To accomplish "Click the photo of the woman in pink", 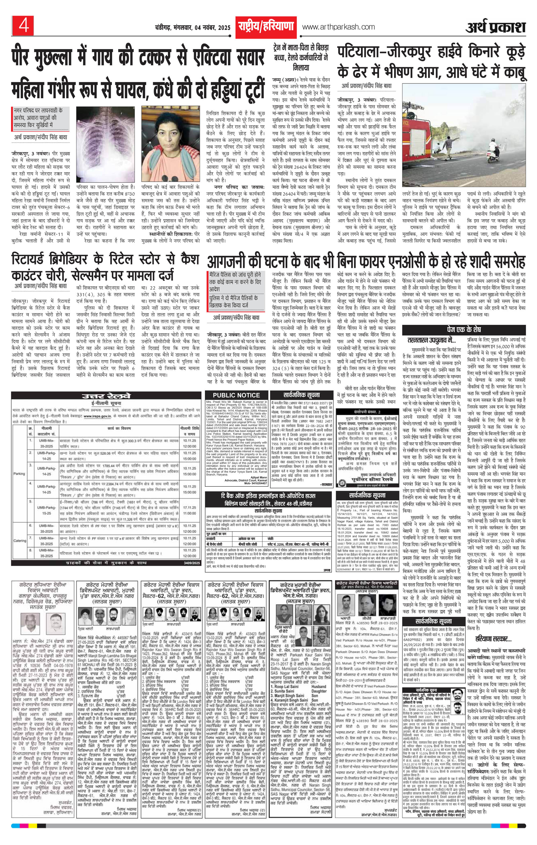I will tap(170, 144).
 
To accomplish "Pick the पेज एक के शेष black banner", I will tap(464, 330).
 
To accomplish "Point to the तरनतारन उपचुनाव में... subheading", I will tap(431, 340).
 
